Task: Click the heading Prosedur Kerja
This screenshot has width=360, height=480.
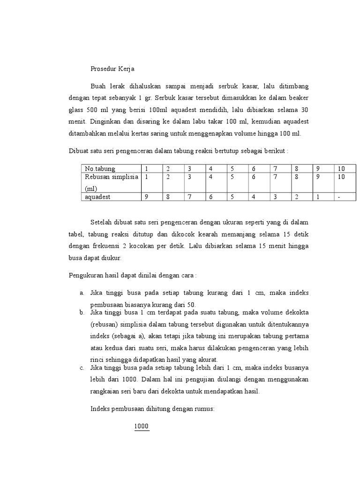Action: pos(112,69)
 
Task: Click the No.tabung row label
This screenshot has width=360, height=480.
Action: pos(100,169)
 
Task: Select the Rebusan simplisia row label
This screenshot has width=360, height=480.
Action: pos(111,177)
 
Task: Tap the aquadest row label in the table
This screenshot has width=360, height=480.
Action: pos(97,197)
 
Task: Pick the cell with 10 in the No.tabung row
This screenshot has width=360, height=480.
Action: pos(341,169)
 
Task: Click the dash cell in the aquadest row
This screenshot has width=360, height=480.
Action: pos(339,197)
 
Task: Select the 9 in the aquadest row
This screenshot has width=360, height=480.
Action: pos(146,197)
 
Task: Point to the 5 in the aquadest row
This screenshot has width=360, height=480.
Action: pos(232,197)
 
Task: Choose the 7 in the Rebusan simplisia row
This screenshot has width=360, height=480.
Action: pos(275,177)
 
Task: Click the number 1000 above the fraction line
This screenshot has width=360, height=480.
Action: pos(141,426)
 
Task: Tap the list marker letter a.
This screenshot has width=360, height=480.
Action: pos(82,293)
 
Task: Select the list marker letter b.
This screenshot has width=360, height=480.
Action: pos(82,312)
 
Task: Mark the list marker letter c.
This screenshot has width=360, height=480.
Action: pos(82,367)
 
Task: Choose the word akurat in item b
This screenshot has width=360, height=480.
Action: pos(208,360)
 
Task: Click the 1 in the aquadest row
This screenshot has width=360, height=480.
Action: pos(318,197)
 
